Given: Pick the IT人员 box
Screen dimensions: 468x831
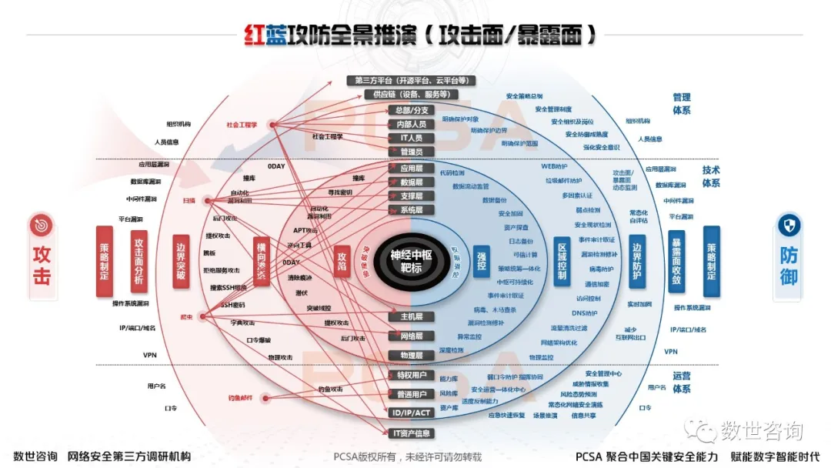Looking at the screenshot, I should click(x=412, y=138).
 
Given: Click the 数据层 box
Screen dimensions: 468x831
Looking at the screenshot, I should click(x=412, y=182).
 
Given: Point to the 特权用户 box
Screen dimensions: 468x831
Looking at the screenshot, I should click(x=412, y=375).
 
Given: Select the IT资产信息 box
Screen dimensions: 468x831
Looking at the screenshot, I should click(x=412, y=433).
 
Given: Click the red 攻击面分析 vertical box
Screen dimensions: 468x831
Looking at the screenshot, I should click(x=138, y=262).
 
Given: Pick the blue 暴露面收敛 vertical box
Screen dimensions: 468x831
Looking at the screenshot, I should click(x=676, y=262).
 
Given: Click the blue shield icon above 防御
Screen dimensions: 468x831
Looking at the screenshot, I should click(x=789, y=226).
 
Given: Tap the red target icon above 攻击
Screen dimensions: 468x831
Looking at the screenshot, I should click(x=41, y=226).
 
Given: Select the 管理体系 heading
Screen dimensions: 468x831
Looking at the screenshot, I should click(x=681, y=104).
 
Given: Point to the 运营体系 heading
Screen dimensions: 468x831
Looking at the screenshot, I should click(x=681, y=383).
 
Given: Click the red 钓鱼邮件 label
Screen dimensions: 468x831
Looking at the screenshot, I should click(x=240, y=397).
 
